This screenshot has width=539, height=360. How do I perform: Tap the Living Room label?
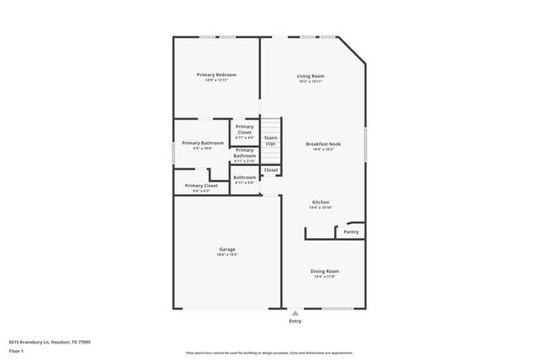311,76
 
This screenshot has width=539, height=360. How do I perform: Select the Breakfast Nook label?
323,144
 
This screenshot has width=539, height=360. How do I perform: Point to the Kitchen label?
321,202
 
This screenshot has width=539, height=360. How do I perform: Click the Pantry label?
352,232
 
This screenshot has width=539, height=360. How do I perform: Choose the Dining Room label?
323,270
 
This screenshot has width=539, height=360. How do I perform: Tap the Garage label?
227,249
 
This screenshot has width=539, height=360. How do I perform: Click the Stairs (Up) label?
270,141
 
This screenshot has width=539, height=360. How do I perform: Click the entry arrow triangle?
294,313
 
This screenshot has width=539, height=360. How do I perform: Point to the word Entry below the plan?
294,321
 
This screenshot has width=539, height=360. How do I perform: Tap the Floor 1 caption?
17,351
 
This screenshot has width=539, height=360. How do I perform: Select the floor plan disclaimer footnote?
269,353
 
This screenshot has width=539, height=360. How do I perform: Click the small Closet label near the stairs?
271,170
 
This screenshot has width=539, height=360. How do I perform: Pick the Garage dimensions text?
227,255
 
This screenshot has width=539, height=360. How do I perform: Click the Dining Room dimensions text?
323,276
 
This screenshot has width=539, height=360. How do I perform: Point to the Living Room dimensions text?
311,81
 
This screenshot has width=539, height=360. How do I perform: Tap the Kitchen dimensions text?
321,207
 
